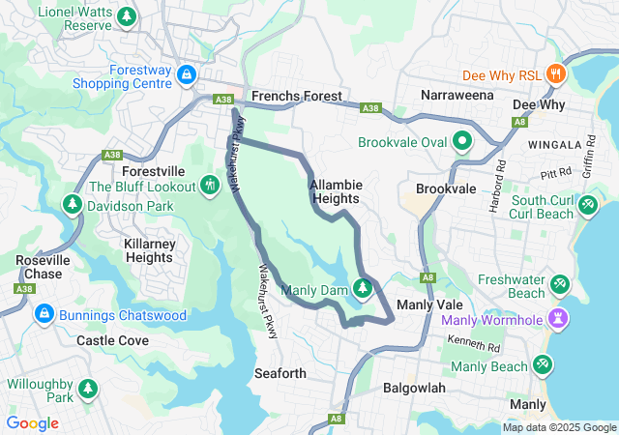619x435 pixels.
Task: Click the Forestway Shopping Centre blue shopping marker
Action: [x=186, y=75]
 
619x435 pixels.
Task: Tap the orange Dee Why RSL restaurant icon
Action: [x=555, y=72]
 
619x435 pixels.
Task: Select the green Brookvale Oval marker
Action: [x=462, y=142]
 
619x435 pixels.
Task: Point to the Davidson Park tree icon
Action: [x=72, y=206]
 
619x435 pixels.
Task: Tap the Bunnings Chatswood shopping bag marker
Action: [x=44, y=315]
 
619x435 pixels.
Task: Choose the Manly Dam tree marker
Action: [x=363, y=288]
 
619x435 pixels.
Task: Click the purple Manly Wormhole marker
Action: [x=558, y=318]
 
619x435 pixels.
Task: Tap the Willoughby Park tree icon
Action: [x=88, y=389]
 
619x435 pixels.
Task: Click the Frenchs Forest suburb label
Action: [x=296, y=97]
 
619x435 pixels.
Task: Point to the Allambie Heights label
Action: [x=335, y=190]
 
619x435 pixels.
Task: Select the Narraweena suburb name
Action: [x=457, y=96]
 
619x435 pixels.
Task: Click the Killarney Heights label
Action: [x=148, y=250]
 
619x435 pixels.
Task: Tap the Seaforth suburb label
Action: [x=280, y=373]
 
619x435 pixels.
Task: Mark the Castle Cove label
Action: [x=112, y=341]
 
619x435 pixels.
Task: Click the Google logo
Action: [x=33, y=423]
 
